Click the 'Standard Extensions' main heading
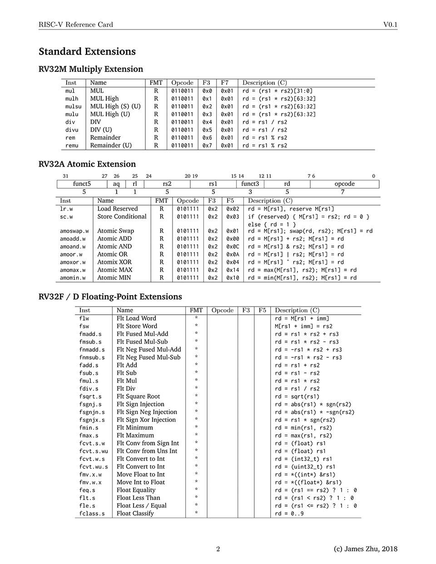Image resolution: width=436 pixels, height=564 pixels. (87, 52)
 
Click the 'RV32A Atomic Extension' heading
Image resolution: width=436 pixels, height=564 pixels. (87, 164)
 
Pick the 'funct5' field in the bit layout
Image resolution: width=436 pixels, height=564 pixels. (82, 184)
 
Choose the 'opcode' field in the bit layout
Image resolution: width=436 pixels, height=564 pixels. (344, 184)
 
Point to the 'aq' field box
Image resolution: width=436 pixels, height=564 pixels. (116, 184)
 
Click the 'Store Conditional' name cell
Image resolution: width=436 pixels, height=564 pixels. (122, 217)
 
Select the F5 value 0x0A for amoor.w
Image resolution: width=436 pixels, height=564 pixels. (233, 255)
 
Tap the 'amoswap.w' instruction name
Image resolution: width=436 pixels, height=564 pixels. (74, 231)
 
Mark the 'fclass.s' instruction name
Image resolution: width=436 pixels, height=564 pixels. (92, 514)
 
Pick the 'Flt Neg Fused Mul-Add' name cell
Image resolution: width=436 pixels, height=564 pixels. (149, 350)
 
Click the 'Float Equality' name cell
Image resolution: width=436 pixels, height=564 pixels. (136, 490)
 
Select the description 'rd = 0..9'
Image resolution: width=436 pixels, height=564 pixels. (289, 514)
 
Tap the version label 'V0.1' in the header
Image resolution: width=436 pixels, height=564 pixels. (390, 25)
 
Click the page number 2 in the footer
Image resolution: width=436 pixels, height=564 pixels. (218, 549)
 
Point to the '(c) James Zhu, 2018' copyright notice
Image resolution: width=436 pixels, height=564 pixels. (365, 549)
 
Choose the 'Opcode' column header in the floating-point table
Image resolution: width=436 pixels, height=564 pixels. (223, 311)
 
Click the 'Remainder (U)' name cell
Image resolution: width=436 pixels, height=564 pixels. (111, 146)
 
